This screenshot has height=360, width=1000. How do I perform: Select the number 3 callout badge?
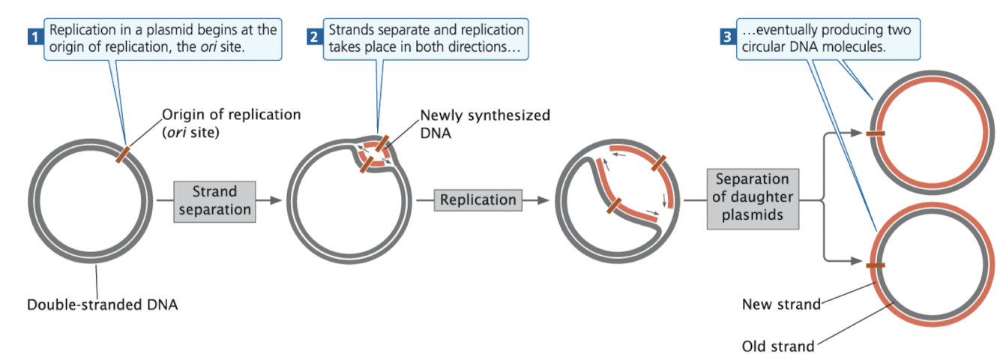[727, 35]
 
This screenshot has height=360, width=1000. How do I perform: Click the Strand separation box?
[214, 200]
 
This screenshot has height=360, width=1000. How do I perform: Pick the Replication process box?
[478, 200]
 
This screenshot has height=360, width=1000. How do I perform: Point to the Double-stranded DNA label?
[103, 304]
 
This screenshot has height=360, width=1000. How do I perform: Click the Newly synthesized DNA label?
[484, 124]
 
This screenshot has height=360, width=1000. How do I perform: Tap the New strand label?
[781, 304]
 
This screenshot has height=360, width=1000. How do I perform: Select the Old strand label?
[777, 346]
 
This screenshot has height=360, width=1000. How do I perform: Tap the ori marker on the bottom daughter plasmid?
[874, 265]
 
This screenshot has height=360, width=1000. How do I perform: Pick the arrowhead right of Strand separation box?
[277, 200]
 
